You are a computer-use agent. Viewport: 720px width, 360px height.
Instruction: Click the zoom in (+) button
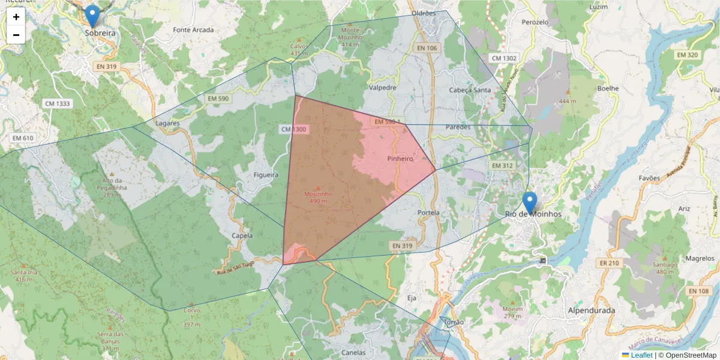(16, 17)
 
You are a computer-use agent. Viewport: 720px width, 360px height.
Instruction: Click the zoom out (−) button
(16, 35)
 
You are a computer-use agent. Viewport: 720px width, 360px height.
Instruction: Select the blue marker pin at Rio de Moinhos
(529, 202)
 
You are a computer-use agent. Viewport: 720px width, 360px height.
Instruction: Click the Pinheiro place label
(400, 159)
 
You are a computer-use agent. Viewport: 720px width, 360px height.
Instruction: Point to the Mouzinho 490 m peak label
(318, 197)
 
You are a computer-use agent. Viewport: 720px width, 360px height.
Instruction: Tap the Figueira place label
(267, 175)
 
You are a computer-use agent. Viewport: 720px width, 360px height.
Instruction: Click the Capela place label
(242, 236)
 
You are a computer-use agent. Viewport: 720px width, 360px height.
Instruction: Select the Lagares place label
(167, 123)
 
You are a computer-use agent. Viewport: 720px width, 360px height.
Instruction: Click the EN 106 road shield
(427, 48)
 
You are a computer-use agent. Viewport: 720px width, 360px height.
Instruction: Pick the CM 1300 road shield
(293, 130)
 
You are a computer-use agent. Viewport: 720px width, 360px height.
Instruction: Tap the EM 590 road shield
(218, 98)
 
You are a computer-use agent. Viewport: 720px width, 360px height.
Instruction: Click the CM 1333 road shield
(58, 104)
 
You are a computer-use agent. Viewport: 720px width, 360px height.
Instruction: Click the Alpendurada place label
(591, 311)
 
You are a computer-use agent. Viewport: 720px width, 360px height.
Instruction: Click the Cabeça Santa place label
(470, 90)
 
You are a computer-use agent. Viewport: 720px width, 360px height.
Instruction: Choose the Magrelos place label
(700, 259)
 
